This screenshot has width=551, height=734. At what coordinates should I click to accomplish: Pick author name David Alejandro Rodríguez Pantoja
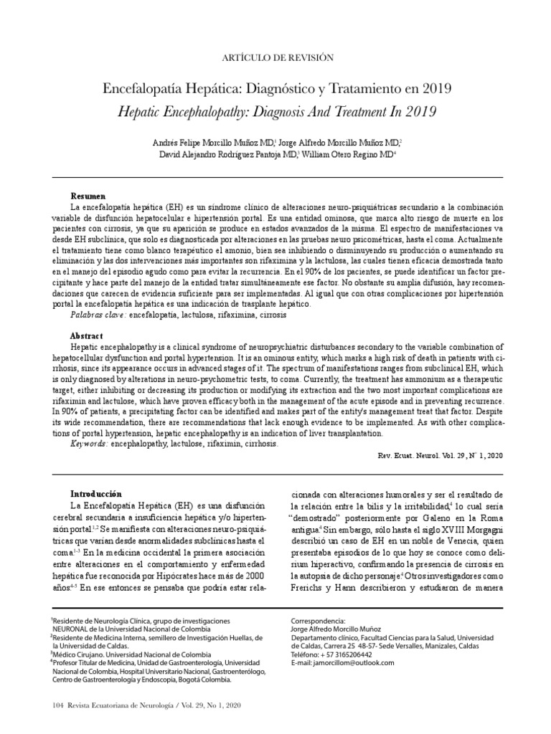[215, 153]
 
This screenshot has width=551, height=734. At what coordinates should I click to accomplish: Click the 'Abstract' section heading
[87, 336]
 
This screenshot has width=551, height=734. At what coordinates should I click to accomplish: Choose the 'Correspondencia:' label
[317, 621]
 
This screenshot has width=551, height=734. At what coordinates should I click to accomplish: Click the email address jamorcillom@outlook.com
[349, 663]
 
